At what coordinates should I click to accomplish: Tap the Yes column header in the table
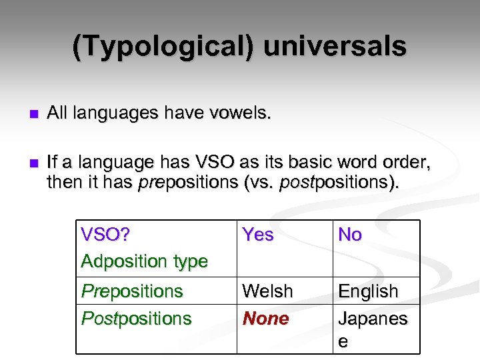(258, 235)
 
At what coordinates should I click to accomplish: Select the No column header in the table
(350, 235)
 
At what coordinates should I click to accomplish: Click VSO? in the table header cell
(105, 235)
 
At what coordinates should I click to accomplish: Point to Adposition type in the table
(144, 261)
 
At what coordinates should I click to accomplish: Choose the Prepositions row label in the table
(132, 291)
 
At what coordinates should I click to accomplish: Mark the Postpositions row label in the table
(137, 319)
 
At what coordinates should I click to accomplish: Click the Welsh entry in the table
(267, 291)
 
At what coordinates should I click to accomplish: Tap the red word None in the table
(266, 319)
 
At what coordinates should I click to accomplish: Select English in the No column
(368, 291)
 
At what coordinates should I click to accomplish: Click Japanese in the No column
(372, 319)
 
